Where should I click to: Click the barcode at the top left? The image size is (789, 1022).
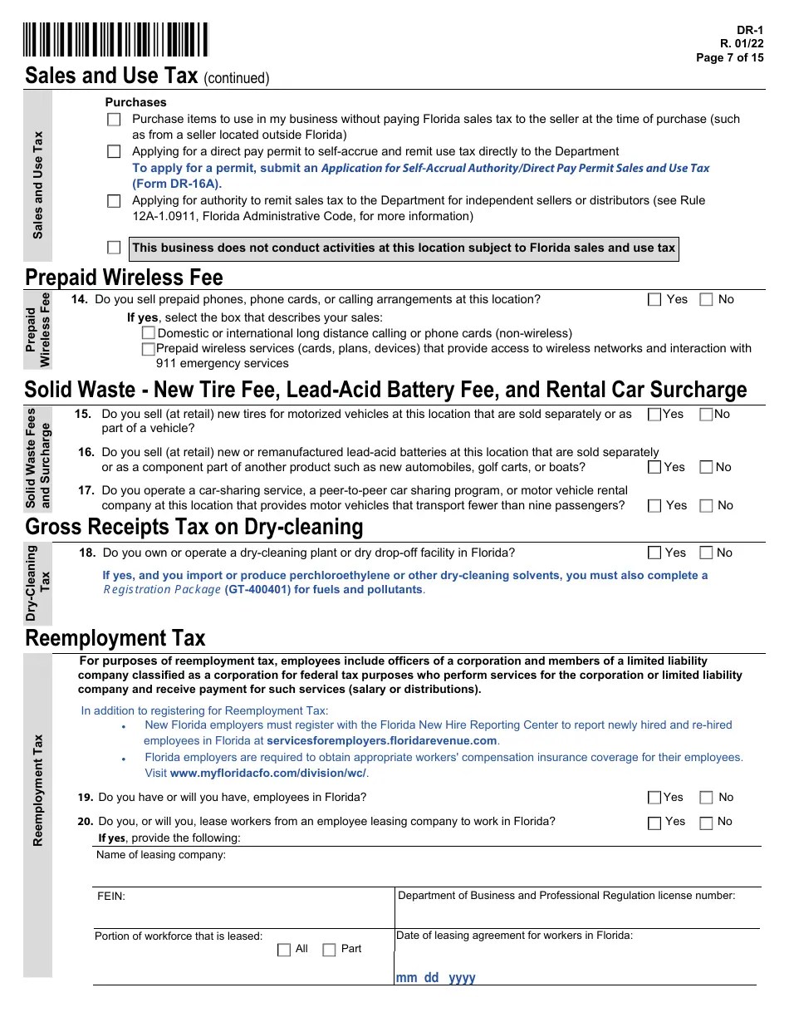(x=115, y=40)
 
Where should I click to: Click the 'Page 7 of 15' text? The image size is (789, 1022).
(x=729, y=58)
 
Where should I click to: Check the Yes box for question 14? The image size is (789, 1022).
(x=654, y=300)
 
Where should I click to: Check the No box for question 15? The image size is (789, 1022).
(x=706, y=415)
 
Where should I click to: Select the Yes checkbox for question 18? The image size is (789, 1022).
(x=654, y=553)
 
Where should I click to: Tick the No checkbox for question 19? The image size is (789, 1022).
(x=706, y=798)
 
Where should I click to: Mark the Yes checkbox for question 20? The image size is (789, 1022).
(x=654, y=823)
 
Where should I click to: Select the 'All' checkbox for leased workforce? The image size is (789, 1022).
(x=284, y=950)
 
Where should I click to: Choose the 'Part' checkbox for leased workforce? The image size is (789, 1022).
(x=329, y=950)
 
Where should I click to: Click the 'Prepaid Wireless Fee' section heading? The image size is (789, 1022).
(x=124, y=277)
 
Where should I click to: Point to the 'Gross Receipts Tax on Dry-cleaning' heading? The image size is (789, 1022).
(x=194, y=527)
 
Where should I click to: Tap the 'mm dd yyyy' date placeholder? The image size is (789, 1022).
(x=435, y=978)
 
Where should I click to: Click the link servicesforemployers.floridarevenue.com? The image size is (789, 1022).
(x=382, y=740)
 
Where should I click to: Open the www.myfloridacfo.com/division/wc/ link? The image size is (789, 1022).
(x=268, y=773)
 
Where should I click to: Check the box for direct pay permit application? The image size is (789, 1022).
(x=114, y=152)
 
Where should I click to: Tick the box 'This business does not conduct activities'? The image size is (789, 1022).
(x=114, y=248)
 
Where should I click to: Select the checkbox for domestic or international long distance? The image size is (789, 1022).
(x=149, y=333)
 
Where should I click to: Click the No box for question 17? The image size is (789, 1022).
(x=706, y=506)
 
